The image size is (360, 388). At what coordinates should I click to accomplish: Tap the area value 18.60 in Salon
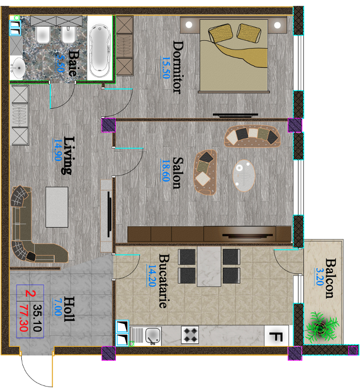click(x=166, y=170)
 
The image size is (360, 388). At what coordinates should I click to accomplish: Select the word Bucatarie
click(x=164, y=281)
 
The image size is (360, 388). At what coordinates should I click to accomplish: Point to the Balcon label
click(x=330, y=278)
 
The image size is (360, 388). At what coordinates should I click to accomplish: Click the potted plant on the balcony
click(x=321, y=326)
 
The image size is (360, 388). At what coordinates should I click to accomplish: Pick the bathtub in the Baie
click(x=100, y=51)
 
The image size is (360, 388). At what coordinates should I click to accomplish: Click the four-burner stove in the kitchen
click(x=190, y=335)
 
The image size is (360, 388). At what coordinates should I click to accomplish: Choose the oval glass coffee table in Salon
click(x=244, y=176)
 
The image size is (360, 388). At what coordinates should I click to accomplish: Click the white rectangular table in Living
click(x=57, y=207)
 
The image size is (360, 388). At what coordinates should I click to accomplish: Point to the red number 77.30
click(x=23, y=318)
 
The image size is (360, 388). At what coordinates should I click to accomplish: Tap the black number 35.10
click(x=37, y=318)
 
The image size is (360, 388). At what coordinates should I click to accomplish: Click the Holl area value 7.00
click(x=58, y=307)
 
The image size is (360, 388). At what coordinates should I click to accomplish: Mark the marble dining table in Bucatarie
click(x=209, y=266)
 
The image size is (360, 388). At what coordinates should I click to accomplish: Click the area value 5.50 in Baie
click(x=61, y=63)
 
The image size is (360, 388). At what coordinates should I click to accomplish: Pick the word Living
click(x=67, y=155)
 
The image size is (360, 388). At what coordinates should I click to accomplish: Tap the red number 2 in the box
click(x=31, y=293)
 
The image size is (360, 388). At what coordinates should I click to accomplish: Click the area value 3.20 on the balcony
click(x=320, y=277)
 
